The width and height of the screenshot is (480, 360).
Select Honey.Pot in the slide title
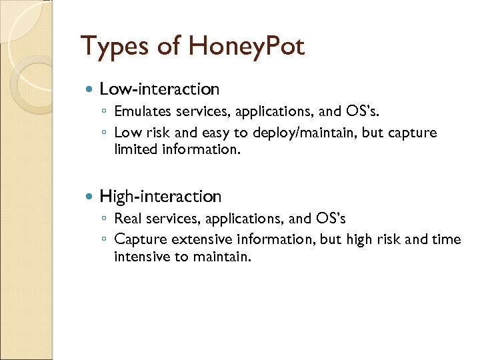[x=247, y=47]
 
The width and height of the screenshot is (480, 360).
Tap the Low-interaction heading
[x=159, y=89]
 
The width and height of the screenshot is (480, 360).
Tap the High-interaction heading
[x=160, y=196]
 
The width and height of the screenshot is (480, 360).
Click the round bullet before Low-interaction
[x=90, y=89]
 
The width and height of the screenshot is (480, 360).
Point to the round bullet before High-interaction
[x=90, y=197]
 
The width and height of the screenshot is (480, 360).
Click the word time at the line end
[x=446, y=239]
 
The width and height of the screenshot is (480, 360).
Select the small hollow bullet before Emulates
[x=105, y=112]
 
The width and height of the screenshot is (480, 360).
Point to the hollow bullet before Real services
[x=105, y=219]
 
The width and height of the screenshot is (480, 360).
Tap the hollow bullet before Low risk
[x=105, y=133]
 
